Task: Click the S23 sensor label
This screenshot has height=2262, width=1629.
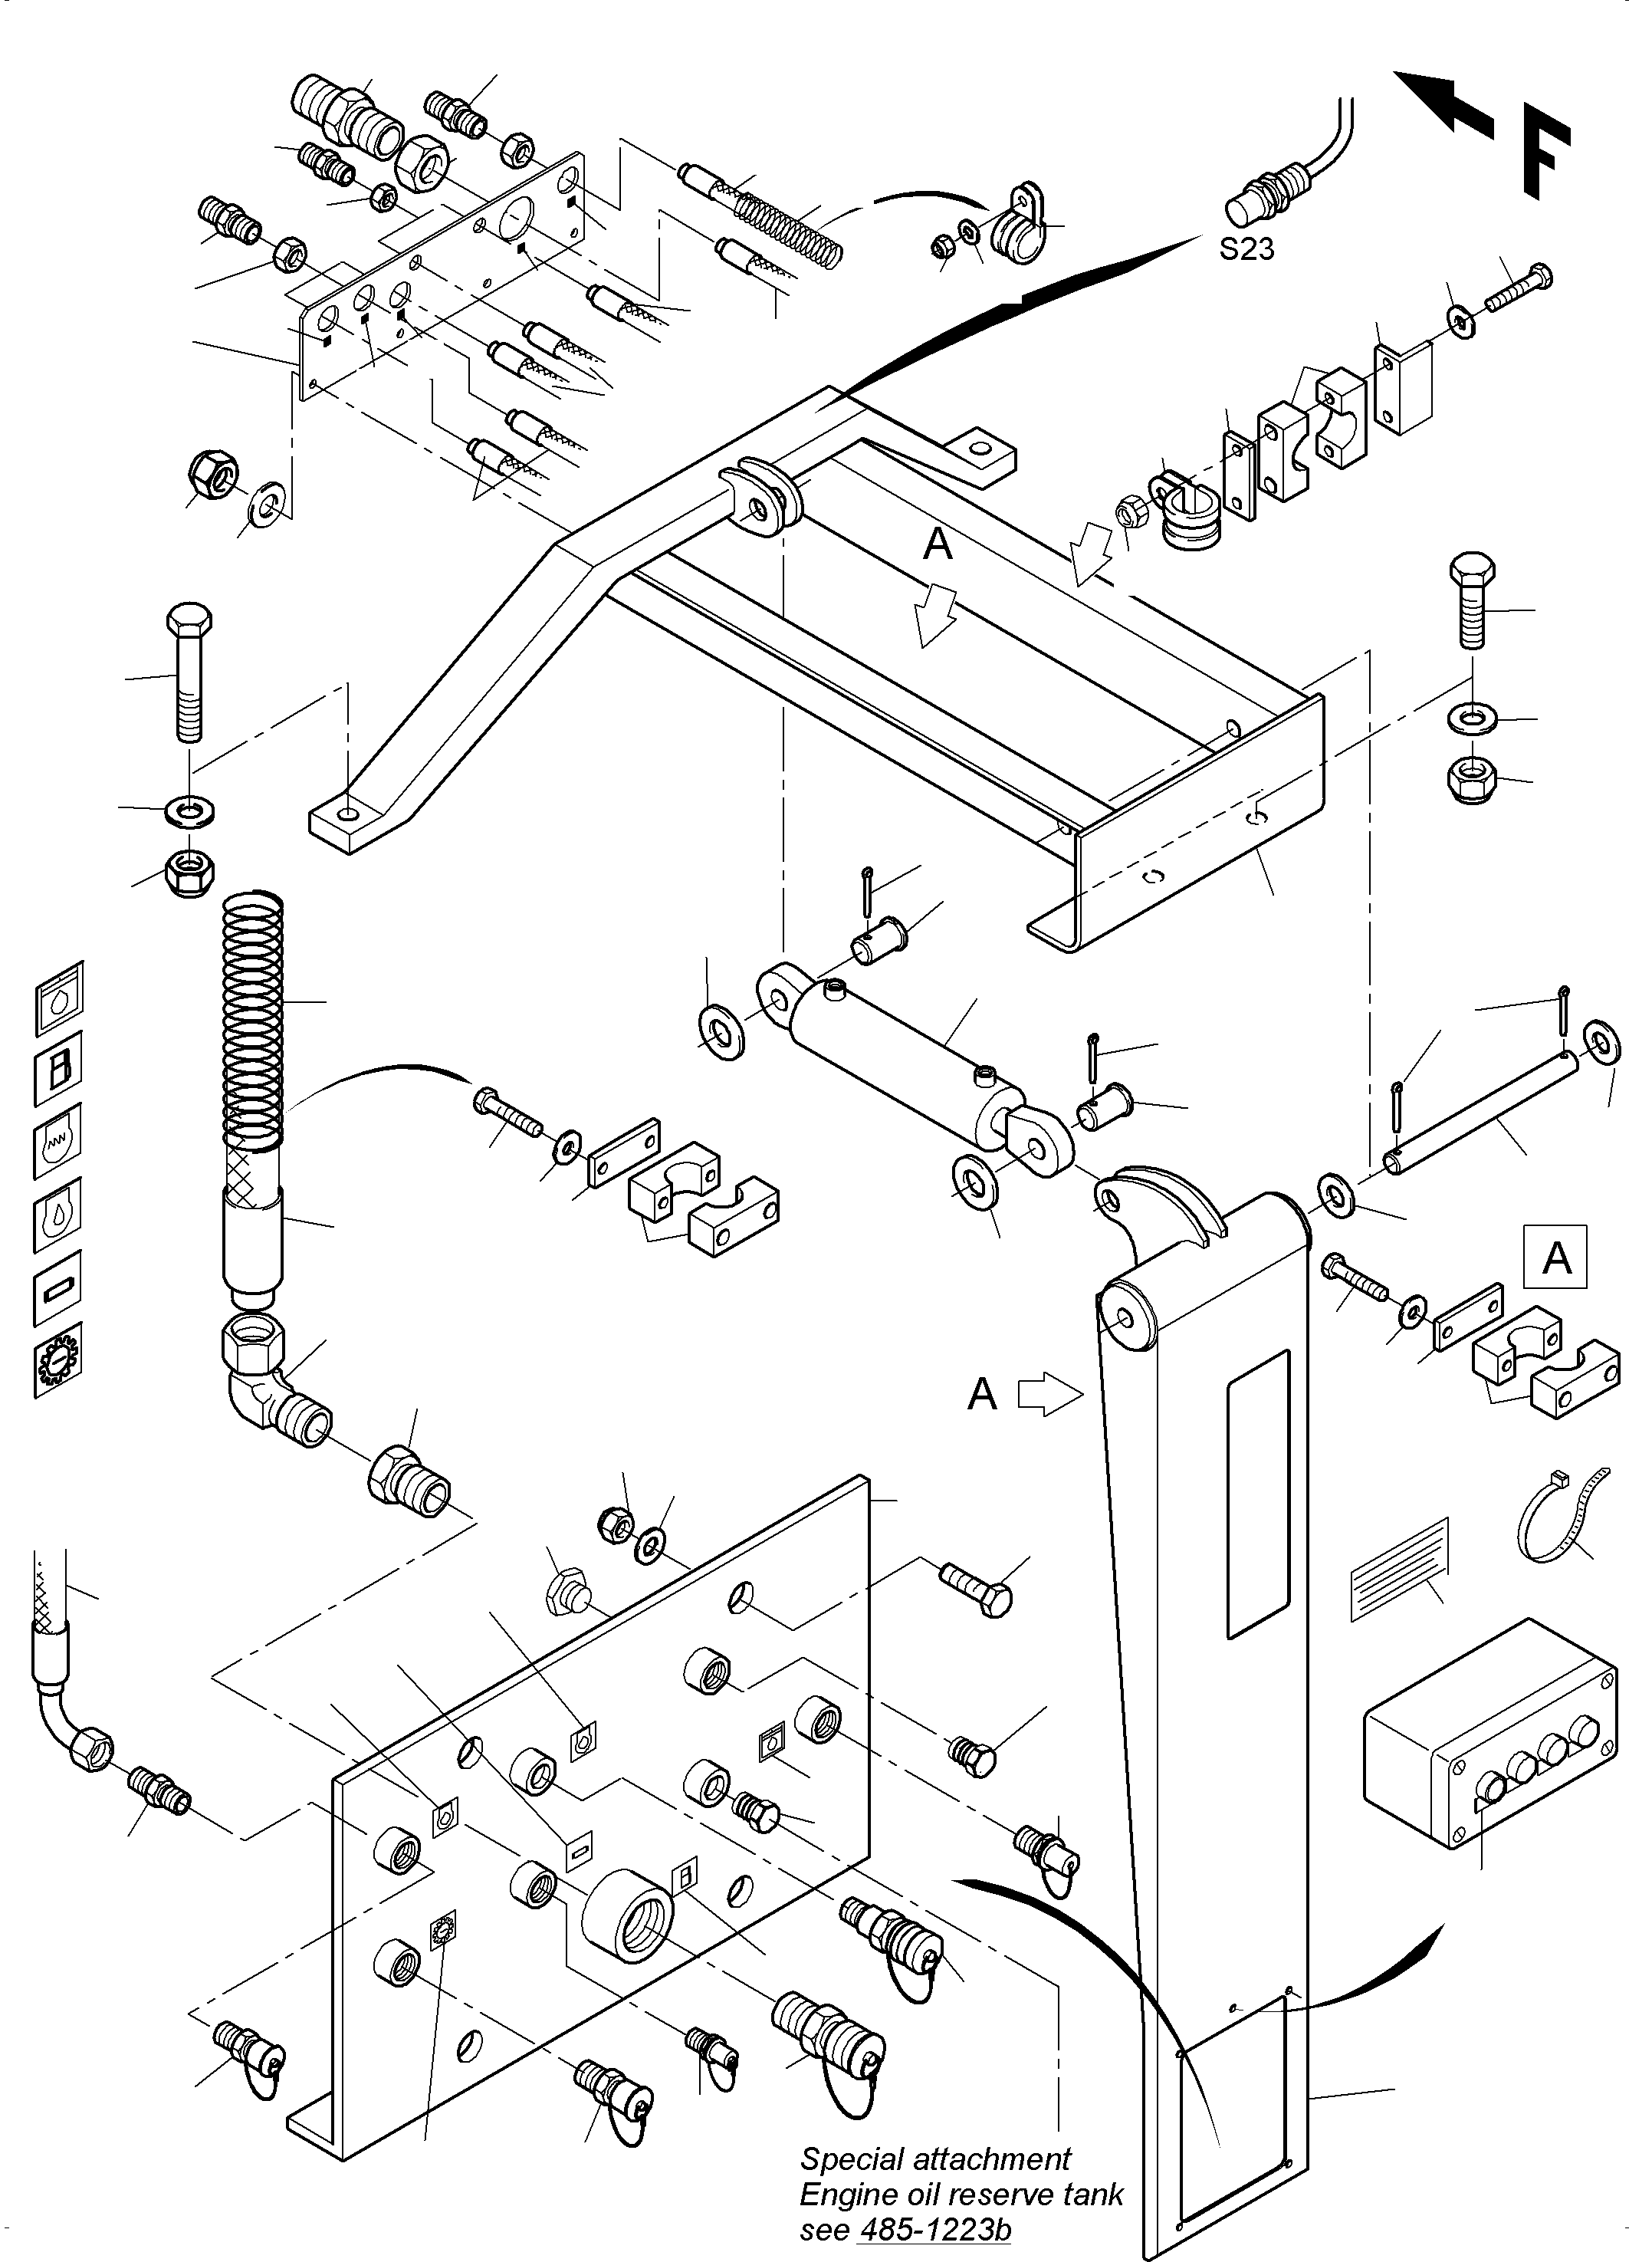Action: [1246, 248]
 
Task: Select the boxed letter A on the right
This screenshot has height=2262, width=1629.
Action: [1555, 1258]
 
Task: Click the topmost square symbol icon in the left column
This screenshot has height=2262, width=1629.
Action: [60, 996]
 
